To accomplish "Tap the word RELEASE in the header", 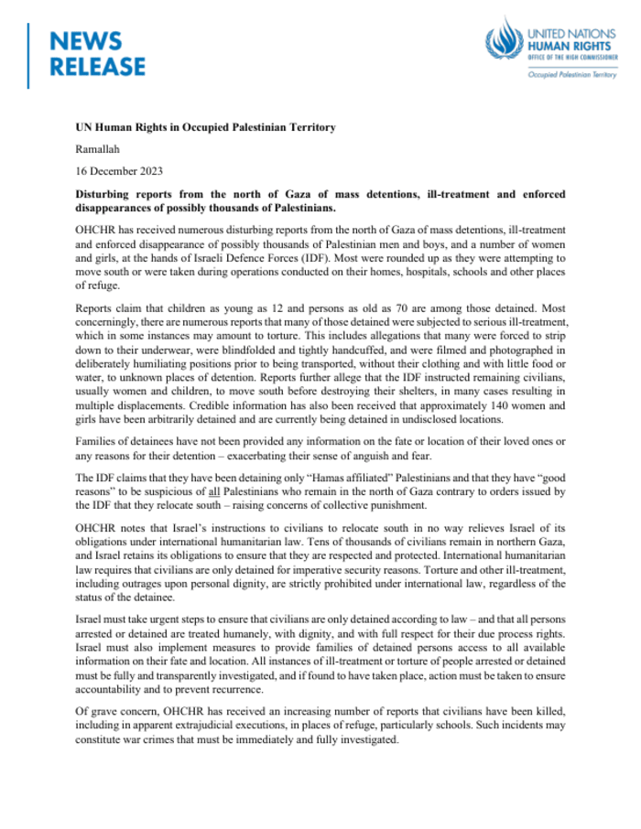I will click(97, 67).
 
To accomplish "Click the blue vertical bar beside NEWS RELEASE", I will click(29, 54).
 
